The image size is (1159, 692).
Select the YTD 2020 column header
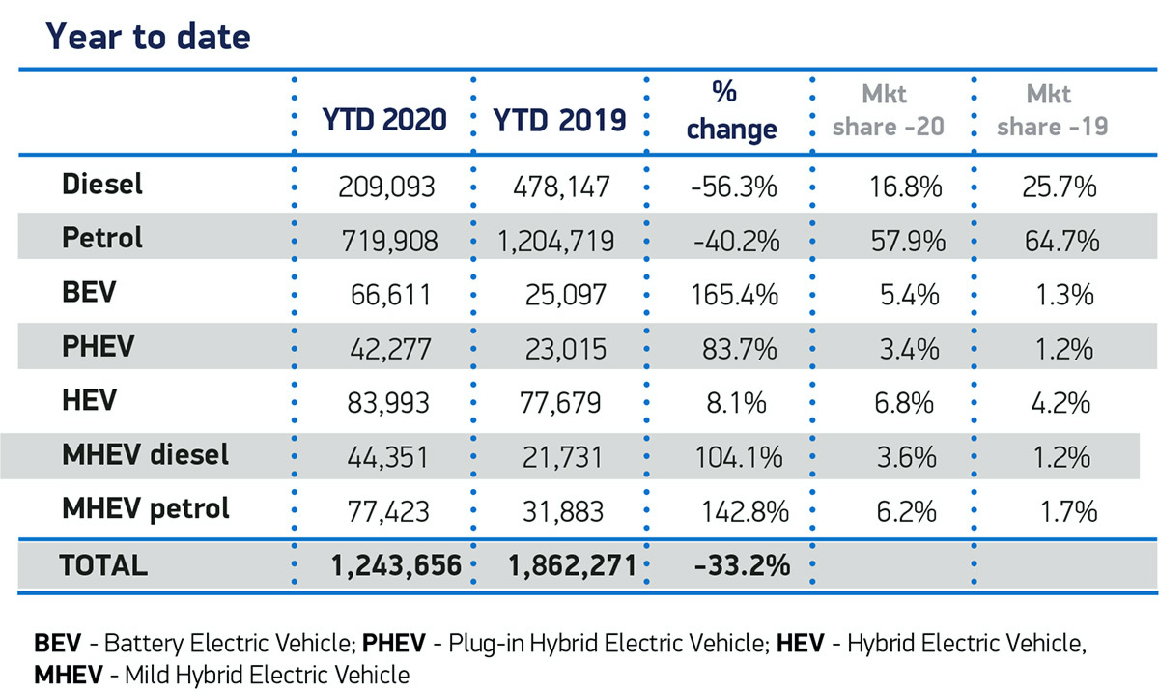click(383, 120)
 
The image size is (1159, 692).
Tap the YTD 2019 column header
click(559, 120)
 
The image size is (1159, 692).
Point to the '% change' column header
click(731, 111)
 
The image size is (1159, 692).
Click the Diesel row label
click(101, 185)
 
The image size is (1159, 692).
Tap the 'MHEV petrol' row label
click(145, 507)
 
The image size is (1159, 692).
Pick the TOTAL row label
click(103, 564)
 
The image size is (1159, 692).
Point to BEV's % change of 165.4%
click(732, 294)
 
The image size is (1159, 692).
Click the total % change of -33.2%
click(741, 565)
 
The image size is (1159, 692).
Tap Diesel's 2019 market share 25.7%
click(1060, 187)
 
